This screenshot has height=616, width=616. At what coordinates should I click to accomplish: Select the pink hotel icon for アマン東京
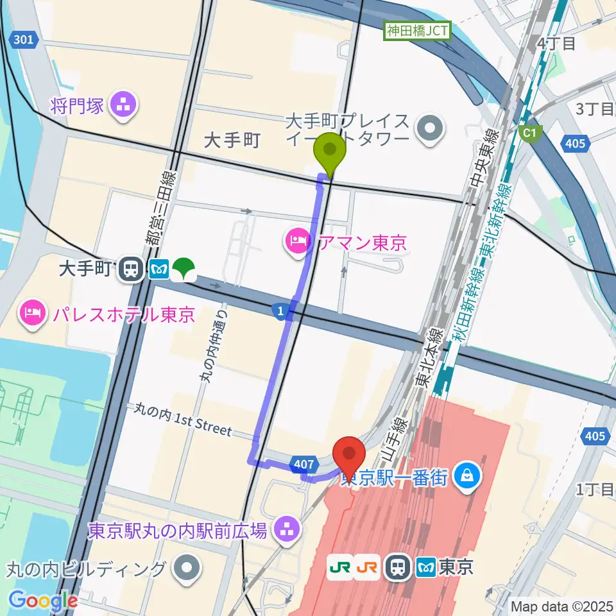point(295,243)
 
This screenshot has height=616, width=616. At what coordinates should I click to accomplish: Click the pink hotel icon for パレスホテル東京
point(31,314)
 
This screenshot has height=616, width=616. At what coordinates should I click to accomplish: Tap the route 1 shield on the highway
point(280,312)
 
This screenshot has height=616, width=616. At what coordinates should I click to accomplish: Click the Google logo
point(43,601)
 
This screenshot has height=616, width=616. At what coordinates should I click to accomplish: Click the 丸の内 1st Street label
point(183,420)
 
